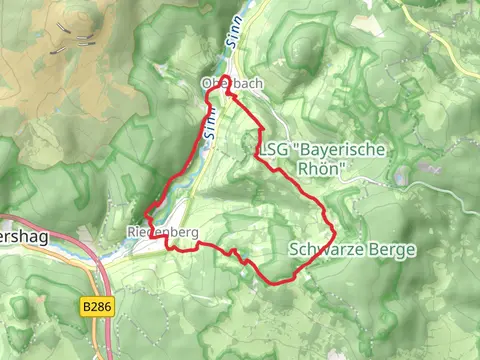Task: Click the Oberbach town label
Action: pos(231,84)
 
